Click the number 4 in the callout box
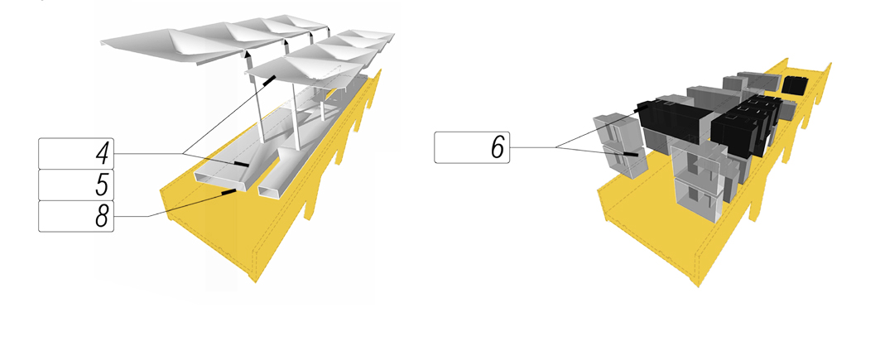tap(99, 154)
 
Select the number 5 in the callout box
tap(99, 185)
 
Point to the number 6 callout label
tap(497, 148)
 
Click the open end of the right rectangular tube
tap(272, 192)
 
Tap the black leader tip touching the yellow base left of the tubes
tap(228, 193)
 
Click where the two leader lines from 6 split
tap(557, 148)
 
